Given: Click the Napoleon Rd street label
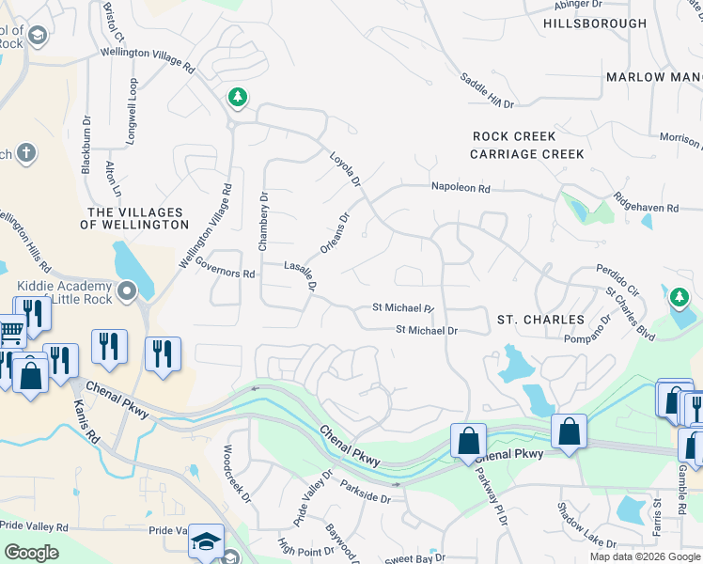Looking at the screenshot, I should pos(461,189).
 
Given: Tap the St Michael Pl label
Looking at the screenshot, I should pos(403,308).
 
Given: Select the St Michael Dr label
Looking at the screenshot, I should pos(426,330).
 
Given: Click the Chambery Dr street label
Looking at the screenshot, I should pos(263,222).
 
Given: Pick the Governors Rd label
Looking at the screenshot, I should pos(225,274).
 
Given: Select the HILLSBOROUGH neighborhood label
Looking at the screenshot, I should pos(595,23).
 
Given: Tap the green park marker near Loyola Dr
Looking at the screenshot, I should pos(239,97).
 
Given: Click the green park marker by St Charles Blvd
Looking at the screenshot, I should pos(679,299).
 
